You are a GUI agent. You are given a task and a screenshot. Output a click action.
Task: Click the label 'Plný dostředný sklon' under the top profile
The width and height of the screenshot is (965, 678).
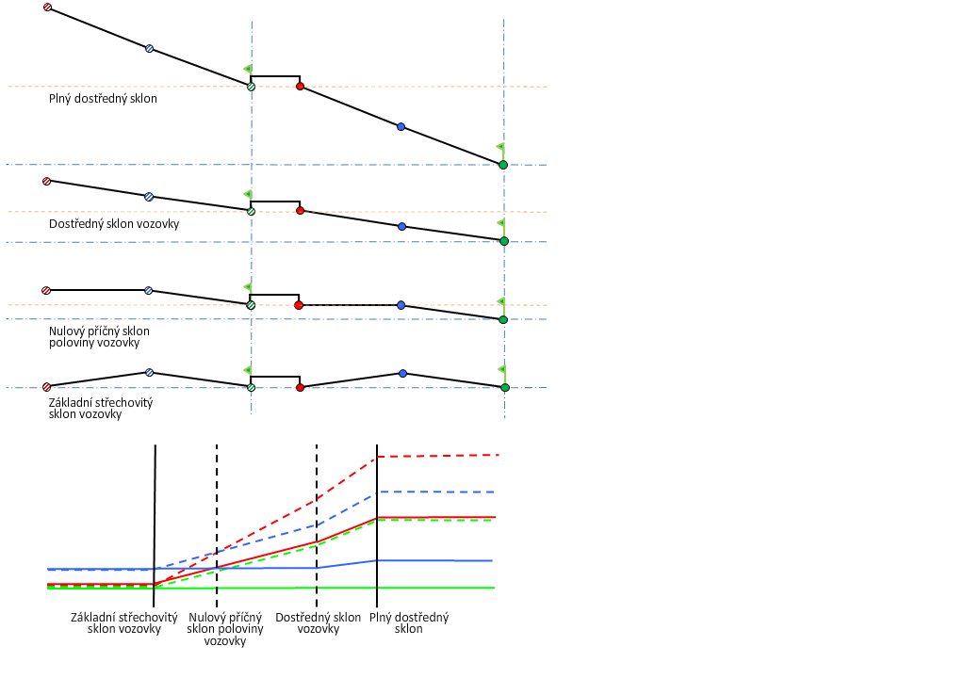103,98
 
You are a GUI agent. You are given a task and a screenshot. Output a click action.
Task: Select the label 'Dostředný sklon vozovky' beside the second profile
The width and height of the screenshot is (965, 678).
114,224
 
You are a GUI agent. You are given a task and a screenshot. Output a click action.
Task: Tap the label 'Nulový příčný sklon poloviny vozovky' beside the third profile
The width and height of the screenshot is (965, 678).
99,337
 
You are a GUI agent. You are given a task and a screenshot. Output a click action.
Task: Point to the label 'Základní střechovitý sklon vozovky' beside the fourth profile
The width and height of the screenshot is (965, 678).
100,408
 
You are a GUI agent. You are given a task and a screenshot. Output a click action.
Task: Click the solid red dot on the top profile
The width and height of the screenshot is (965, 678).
300,87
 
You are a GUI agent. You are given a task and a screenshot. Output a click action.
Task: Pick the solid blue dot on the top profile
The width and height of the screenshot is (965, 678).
401,126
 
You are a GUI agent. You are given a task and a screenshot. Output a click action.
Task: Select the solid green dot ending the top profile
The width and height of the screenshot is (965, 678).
503,165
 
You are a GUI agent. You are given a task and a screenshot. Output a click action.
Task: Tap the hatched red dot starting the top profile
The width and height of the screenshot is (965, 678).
47,8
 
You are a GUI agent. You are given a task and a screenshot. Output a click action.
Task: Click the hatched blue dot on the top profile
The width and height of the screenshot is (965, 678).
149,48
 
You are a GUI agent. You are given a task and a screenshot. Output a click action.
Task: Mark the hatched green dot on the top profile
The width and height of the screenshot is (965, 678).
251,87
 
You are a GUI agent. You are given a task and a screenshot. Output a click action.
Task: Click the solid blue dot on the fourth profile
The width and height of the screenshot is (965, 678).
402,374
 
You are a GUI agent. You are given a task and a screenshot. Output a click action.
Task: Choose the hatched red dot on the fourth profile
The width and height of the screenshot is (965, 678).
46,387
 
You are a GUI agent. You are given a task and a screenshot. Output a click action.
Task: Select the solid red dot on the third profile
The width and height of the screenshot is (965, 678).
299,305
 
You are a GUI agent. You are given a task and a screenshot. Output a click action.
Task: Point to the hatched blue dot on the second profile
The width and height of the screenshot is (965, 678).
148,197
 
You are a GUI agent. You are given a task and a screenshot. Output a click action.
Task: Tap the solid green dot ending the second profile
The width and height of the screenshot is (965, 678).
504,241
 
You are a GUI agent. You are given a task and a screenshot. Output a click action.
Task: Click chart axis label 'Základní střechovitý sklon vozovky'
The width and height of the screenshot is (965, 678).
124,623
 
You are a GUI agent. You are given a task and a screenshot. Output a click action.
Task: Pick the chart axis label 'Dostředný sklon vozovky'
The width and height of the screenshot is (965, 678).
319,623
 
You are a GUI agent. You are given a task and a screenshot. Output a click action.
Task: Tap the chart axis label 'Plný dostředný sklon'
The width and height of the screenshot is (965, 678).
409,623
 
